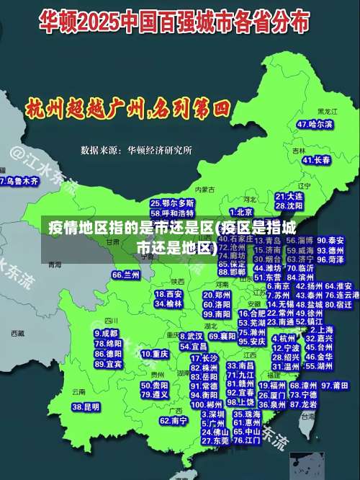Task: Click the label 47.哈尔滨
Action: click(315, 124)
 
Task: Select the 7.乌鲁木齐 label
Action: click(19, 181)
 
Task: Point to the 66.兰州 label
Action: click(126, 275)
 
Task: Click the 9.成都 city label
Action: click(107, 333)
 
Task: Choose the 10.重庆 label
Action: click(155, 354)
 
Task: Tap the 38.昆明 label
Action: click(86, 407)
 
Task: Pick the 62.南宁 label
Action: click(174, 420)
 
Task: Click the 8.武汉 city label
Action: click(191, 336)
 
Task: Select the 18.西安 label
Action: click(169, 294)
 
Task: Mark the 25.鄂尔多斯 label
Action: click(172, 203)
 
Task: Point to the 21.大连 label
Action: click(289, 195)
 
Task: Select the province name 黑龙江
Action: click(327, 112)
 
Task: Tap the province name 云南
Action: click(78, 392)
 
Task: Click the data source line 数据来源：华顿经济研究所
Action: click(136, 151)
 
